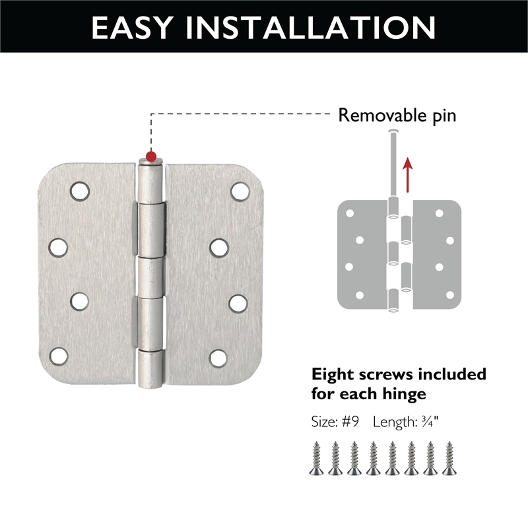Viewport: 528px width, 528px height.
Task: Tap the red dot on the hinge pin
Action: point(152,156)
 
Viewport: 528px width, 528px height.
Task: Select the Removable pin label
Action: point(397,116)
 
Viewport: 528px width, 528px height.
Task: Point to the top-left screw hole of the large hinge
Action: point(79,191)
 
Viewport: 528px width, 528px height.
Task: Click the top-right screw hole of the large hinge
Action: point(240,191)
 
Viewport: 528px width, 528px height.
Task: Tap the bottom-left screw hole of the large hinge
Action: point(58,356)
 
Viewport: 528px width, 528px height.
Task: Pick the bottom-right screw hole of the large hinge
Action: point(218,357)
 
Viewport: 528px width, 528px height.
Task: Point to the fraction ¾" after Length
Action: point(432,422)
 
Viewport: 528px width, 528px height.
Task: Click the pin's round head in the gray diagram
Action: point(394,133)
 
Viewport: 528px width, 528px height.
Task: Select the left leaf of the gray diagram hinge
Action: point(360,254)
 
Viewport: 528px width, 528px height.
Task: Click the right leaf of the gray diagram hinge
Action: point(436,254)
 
